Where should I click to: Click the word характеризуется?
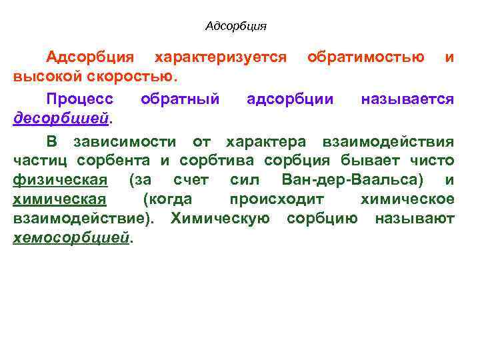tap(220, 57)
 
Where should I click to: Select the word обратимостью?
tap(366, 57)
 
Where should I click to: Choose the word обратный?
tap(180, 99)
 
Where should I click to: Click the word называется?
tap(407, 99)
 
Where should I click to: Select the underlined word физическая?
tap(60, 180)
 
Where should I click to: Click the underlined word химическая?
tap(60, 199)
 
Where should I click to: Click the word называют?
tap(415, 219)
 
